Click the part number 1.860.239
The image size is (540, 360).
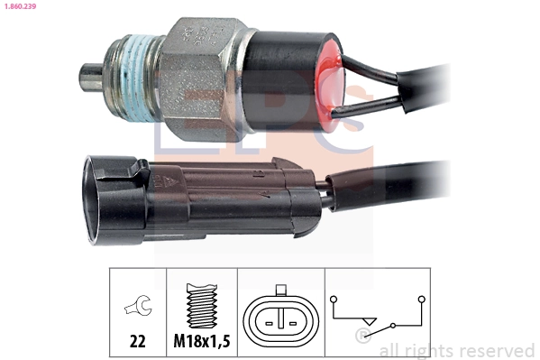20,6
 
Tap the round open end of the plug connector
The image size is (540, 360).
96,198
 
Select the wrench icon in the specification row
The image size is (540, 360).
138,308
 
